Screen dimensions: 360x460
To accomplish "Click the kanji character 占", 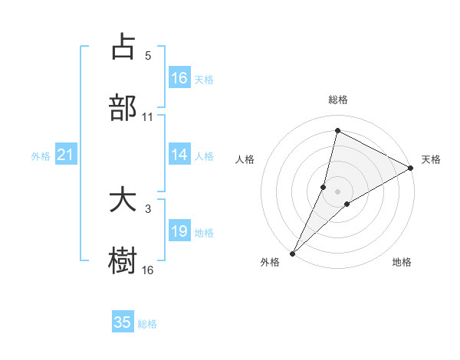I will [x=123, y=47].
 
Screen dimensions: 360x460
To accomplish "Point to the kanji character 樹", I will [x=123, y=260].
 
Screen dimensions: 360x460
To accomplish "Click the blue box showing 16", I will [x=179, y=78].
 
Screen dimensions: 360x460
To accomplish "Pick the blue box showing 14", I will [x=179, y=155].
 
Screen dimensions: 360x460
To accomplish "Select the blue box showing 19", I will [x=179, y=231].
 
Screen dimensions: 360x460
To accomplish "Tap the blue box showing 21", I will [x=66, y=155].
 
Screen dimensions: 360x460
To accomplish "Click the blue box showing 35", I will [x=123, y=322].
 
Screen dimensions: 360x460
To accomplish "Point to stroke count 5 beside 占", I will [x=148, y=56].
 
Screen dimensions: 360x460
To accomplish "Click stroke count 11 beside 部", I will [x=148, y=116].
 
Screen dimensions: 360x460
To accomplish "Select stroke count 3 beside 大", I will [x=148, y=208].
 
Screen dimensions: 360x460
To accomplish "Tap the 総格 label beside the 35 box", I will [x=147, y=324].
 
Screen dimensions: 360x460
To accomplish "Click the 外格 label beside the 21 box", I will [x=41, y=156].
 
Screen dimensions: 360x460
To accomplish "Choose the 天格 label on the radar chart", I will [x=431, y=159].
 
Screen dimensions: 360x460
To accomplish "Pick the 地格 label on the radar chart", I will [x=402, y=262].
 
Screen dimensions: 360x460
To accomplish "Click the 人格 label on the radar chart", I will [x=245, y=159].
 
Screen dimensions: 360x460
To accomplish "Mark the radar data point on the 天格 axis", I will [x=411, y=169].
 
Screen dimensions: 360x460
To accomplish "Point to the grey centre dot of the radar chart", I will [x=337, y=191].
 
